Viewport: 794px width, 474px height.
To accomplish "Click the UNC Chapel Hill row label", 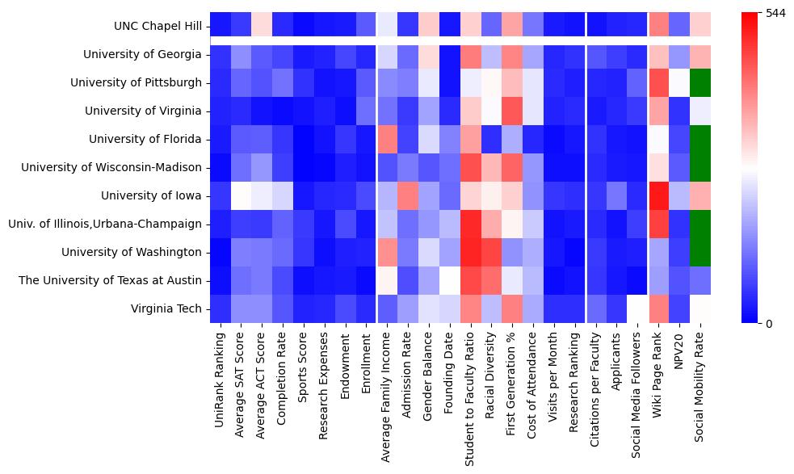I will tap(158, 27).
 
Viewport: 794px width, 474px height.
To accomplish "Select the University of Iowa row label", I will tap(151, 195).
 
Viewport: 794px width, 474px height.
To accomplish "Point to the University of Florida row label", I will tap(145, 139).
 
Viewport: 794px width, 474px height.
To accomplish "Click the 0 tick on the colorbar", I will tap(770, 324).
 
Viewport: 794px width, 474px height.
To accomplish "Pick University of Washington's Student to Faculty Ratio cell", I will tap(471, 252).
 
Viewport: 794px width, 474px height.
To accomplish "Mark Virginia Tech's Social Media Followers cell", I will tap(638, 308).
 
